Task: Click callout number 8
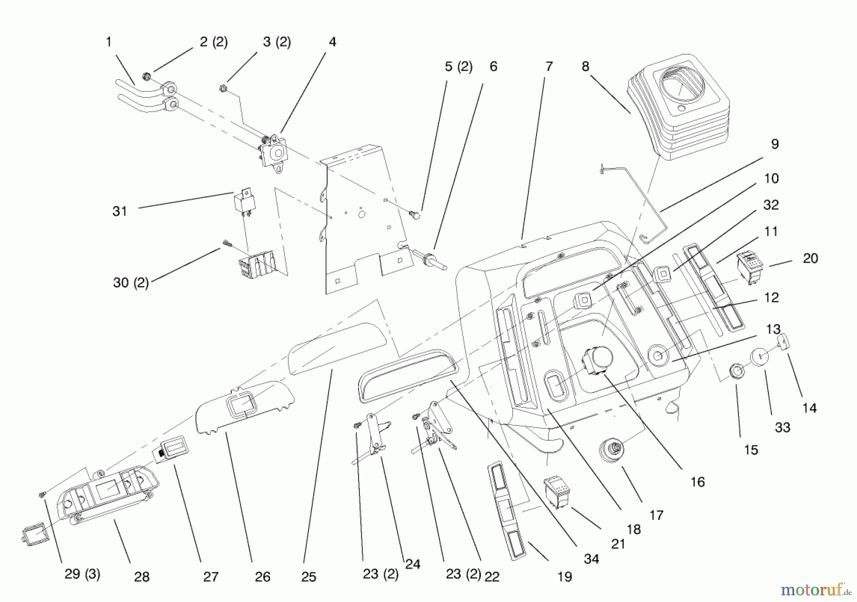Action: pos(585,67)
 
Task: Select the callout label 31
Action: pos(120,211)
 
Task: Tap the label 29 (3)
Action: pos(82,574)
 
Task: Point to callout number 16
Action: pos(697,482)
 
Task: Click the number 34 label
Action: pos(591,559)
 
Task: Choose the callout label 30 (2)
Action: pos(130,283)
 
